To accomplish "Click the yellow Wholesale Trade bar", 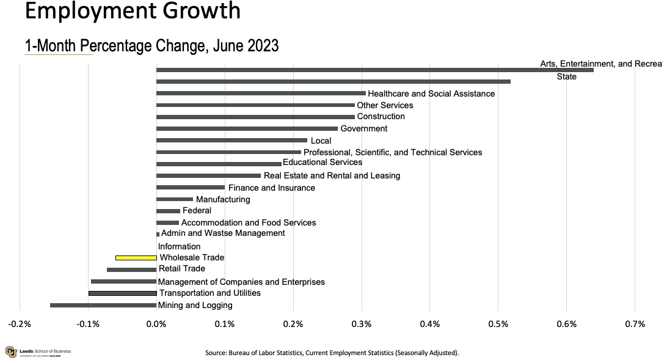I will click(136, 258).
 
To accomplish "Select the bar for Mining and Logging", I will click(103, 305).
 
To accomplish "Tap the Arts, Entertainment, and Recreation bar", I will click(374, 70).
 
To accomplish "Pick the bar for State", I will click(333, 81).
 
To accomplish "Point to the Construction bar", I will click(255, 117).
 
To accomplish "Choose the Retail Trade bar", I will click(131, 270).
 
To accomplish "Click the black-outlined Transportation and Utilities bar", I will click(123, 293).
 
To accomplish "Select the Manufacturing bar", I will click(175, 199).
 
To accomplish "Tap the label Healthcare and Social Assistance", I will click(431, 94).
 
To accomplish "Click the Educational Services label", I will click(323, 163).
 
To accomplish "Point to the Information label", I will click(179, 246).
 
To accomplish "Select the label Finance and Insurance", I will click(272, 188).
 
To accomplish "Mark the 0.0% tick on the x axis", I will click(156, 324).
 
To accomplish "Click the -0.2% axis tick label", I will click(20, 324).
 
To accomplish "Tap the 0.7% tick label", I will click(635, 324).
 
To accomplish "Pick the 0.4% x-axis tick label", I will click(430, 324).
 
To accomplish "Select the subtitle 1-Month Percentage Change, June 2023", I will click(151, 45).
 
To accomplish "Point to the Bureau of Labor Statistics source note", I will click(332, 353).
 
